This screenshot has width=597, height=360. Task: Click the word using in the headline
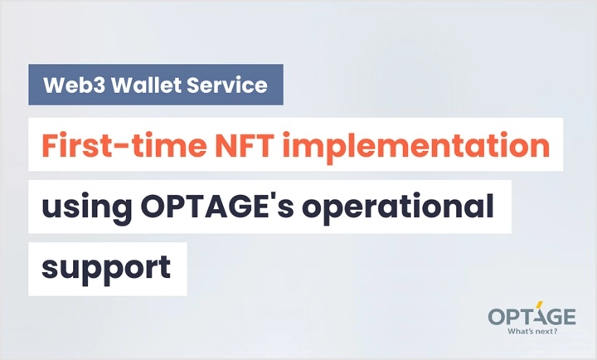click(87, 208)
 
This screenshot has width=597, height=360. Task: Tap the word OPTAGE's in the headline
click(217, 207)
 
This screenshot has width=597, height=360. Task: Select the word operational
click(398, 207)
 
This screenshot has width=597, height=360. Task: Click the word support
click(106, 269)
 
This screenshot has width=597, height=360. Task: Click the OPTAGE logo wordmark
click(531, 316)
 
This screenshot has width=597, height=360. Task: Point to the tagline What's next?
click(532, 331)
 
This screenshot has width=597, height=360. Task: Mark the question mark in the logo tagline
click(555, 331)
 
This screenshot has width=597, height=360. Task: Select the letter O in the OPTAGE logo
click(497, 317)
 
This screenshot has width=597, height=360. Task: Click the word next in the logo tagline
click(542, 332)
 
